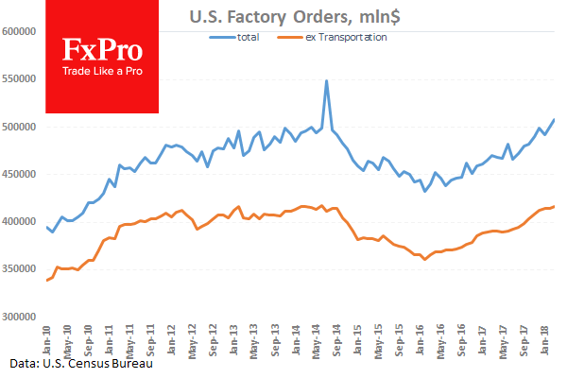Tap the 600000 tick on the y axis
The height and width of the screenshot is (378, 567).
pos(21,31)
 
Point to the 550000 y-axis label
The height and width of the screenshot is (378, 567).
pos(21,78)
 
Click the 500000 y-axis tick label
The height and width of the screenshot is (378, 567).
pos(21,127)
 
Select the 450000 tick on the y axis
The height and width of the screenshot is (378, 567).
pos(21,174)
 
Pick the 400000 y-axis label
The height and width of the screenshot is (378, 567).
pos(21,221)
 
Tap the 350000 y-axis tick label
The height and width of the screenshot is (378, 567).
pos(21,269)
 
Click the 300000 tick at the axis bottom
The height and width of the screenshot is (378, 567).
pos(21,317)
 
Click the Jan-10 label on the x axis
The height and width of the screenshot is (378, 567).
pos(46,338)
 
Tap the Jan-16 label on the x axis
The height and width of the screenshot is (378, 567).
pos(421,338)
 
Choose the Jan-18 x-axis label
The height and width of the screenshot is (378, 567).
pos(545,338)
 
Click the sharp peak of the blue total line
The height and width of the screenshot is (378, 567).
pos(327,81)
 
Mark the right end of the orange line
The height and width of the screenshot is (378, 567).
pos(554,206)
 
